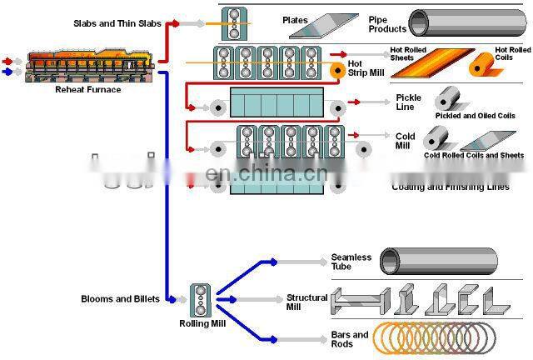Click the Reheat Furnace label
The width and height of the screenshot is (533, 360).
coord(87,89)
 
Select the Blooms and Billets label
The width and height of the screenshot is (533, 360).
coord(119,298)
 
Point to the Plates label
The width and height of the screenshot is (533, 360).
coord(295,20)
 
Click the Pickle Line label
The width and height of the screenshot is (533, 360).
coord(408,102)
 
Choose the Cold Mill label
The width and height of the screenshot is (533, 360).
coord(405,141)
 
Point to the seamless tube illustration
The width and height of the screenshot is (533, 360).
coord(438,262)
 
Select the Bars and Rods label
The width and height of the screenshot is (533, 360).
coord(349,338)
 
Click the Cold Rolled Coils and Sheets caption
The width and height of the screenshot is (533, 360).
coord(473,155)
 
